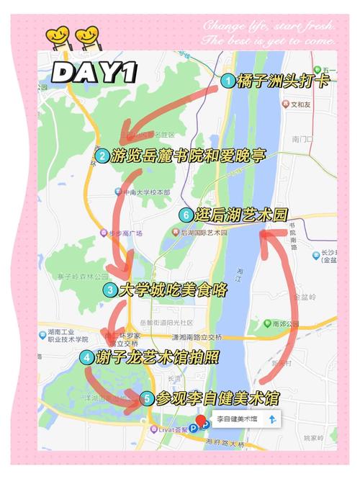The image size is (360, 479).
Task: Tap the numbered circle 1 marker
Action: click(x=228, y=81)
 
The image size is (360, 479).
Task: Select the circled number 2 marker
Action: click(x=102, y=156)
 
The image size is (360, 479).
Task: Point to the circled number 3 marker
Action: click(x=109, y=290)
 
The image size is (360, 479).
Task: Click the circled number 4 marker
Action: click(x=86, y=357)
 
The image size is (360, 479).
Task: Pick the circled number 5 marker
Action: click(x=146, y=398)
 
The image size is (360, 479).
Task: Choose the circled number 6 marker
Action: click(x=186, y=215)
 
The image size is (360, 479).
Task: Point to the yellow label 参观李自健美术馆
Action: click(x=217, y=398)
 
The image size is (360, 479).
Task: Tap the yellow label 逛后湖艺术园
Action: click(x=241, y=215)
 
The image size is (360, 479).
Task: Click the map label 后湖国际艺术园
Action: click(x=203, y=232)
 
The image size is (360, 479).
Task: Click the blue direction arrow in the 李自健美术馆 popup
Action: click(x=272, y=418)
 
